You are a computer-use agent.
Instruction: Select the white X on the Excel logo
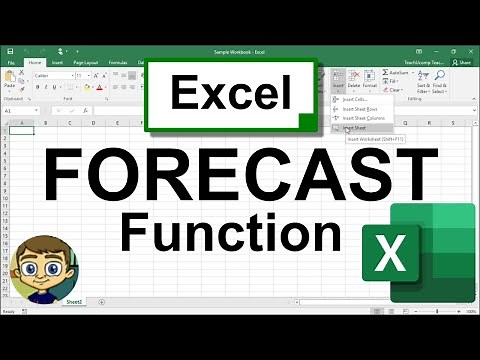click(x=391, y=253)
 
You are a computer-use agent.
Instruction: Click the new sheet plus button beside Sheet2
click(x=96, y=300)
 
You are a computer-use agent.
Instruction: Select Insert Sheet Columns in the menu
click(x=364, y=118)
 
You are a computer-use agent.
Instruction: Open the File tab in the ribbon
click(x=10, y=61)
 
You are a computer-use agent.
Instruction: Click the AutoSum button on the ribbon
click(x=397, y=73)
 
